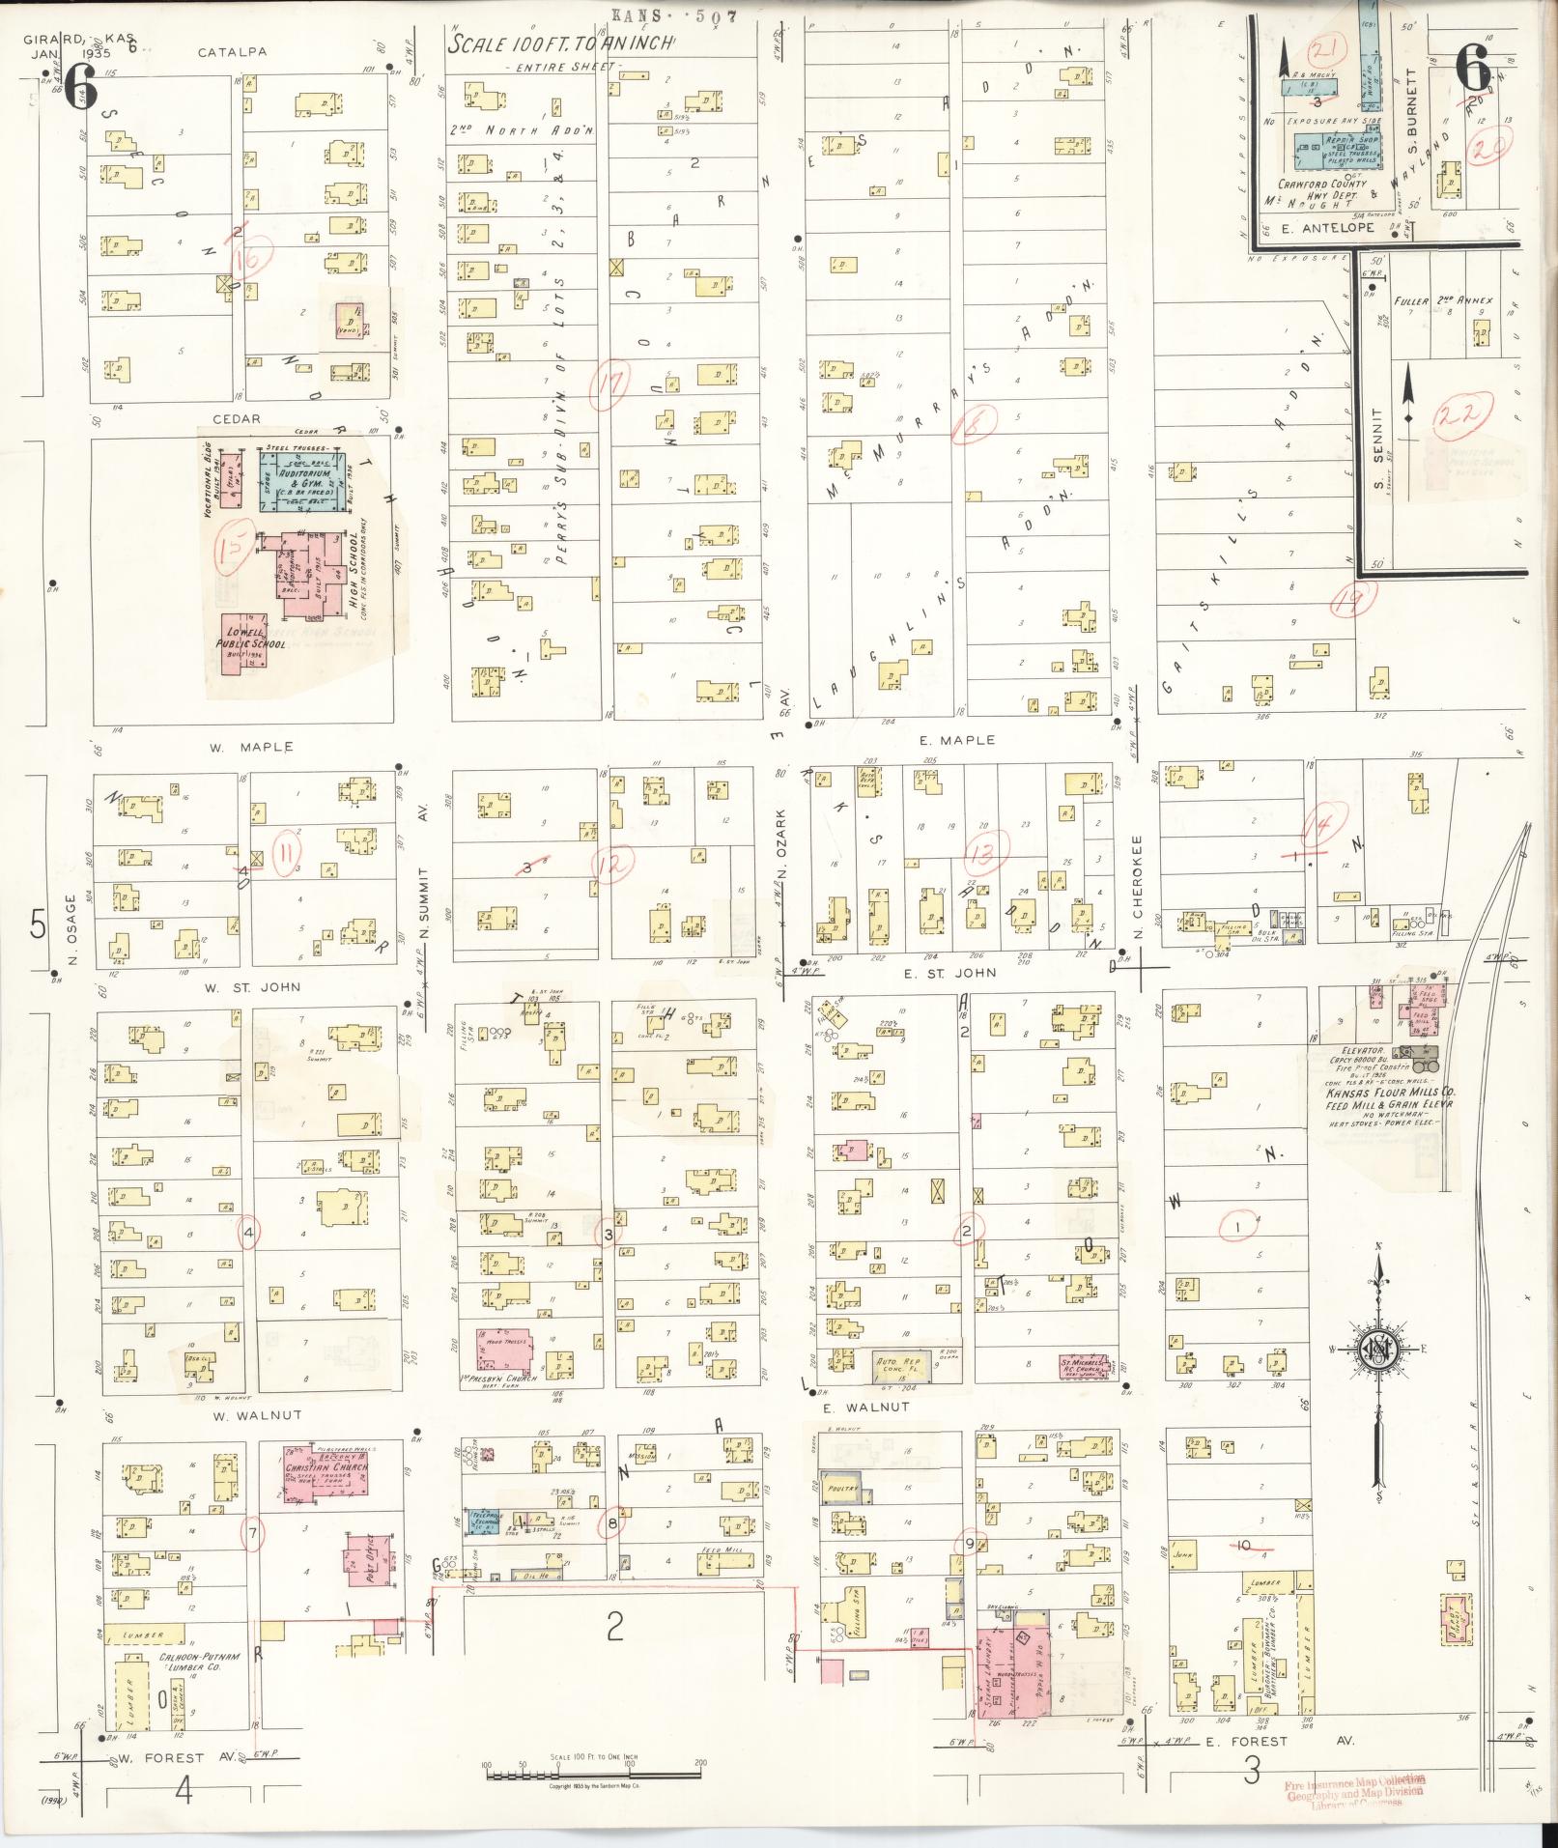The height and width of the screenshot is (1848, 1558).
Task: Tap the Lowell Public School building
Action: pos(249,642)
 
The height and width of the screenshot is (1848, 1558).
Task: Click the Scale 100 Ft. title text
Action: pos(561,45)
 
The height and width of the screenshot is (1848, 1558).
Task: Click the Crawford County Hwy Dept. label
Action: pos(1321,189)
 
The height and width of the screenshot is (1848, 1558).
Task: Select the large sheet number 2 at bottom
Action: pos(614,1629)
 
